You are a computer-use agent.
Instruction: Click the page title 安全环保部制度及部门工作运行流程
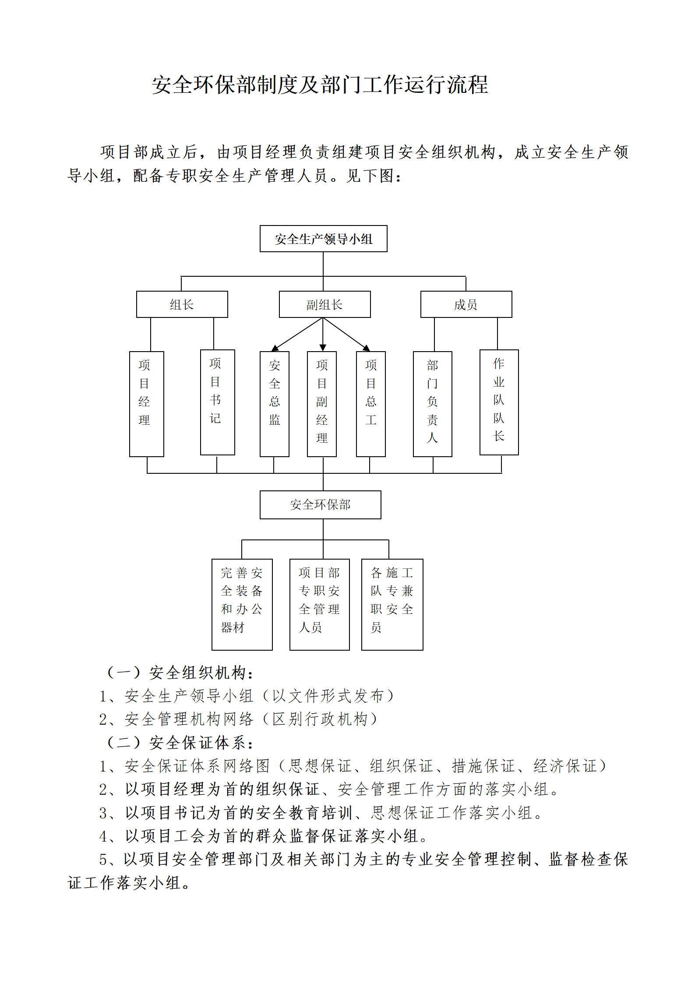tap(320, 85)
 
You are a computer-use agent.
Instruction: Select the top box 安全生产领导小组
tap(323, 239)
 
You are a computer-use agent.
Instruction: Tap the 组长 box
tap(182, 304)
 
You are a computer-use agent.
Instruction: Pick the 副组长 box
tap(325, 304)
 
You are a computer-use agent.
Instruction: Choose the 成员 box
tap(466, 304)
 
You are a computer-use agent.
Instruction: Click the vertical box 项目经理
tap(146, 404)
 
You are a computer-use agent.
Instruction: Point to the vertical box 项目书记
tap(217, 402)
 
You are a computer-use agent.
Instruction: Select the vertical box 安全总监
tap(274, 404)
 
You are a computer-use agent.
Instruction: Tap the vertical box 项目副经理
tap(321, 404)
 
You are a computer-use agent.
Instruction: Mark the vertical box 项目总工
tap(370, 404)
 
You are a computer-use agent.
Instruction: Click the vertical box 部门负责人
tap(432, 404)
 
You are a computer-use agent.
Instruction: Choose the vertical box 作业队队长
tap(499, 402)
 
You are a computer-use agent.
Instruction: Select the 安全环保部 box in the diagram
tap(320, 504)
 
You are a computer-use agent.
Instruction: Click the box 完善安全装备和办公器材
tap(242, 604)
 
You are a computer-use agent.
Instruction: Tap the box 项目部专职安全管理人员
tap(319, 604)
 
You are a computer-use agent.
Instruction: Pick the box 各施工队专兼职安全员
tap(392, 604)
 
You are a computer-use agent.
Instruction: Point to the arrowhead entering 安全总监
tap(275, 348)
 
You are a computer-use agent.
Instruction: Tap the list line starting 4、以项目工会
tap(263, 836)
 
